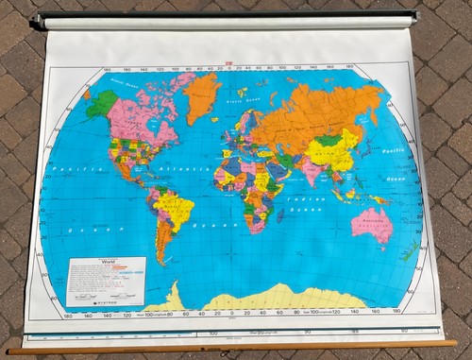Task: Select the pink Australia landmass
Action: tap(370, 225)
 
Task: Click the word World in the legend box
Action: tap(110, 264)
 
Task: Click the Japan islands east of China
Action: tap(364, 153)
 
